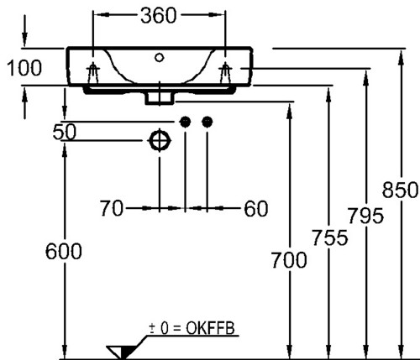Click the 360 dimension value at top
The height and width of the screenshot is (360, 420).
point(159,16)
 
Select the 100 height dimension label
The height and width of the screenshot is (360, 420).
point(24,68)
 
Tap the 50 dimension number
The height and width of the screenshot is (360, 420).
point(65,132)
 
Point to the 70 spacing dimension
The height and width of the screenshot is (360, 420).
point(112,208)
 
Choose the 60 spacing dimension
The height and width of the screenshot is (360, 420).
point(256,209)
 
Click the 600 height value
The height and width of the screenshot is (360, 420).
point(64,251)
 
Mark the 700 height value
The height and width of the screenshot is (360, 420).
point(289,260)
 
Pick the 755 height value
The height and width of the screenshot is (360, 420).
point(330,237)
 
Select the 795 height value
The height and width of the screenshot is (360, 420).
point(365,216)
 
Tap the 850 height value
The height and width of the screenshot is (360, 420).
point(400,190)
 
